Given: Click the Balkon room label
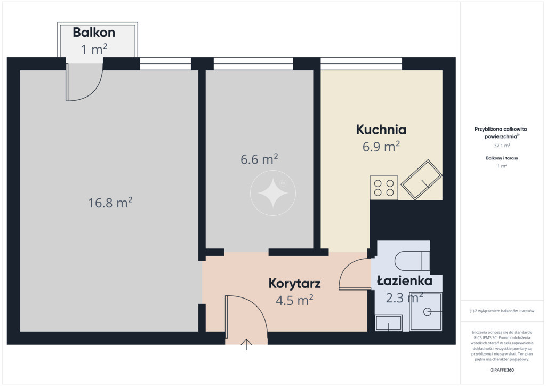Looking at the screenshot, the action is pos(94,33).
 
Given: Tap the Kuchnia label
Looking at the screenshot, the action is pos(381,130).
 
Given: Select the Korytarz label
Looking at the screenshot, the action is pos(294,283).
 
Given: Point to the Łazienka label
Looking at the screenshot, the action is pos(405,280).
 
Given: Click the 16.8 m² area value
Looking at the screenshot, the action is pos(110,203).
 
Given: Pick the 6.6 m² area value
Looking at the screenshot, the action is pos(259,159).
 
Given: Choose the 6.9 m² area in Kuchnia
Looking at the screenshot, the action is pos(381,147).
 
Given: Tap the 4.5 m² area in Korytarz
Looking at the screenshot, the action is pos(294,300).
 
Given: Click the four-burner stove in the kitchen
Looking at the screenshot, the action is pos(384,188).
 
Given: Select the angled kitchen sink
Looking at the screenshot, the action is pos(421,180).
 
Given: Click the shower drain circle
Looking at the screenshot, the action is pos(427,311).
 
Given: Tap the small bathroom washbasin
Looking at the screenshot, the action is pos(389,323).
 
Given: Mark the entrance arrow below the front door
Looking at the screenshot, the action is pos(246,344).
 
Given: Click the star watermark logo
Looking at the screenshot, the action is pos(272,193).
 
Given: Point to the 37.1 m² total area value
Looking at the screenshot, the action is pos(502,146).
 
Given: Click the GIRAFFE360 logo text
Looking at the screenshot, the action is pos(502,370).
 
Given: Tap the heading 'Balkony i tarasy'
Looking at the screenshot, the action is pos(502,158).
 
